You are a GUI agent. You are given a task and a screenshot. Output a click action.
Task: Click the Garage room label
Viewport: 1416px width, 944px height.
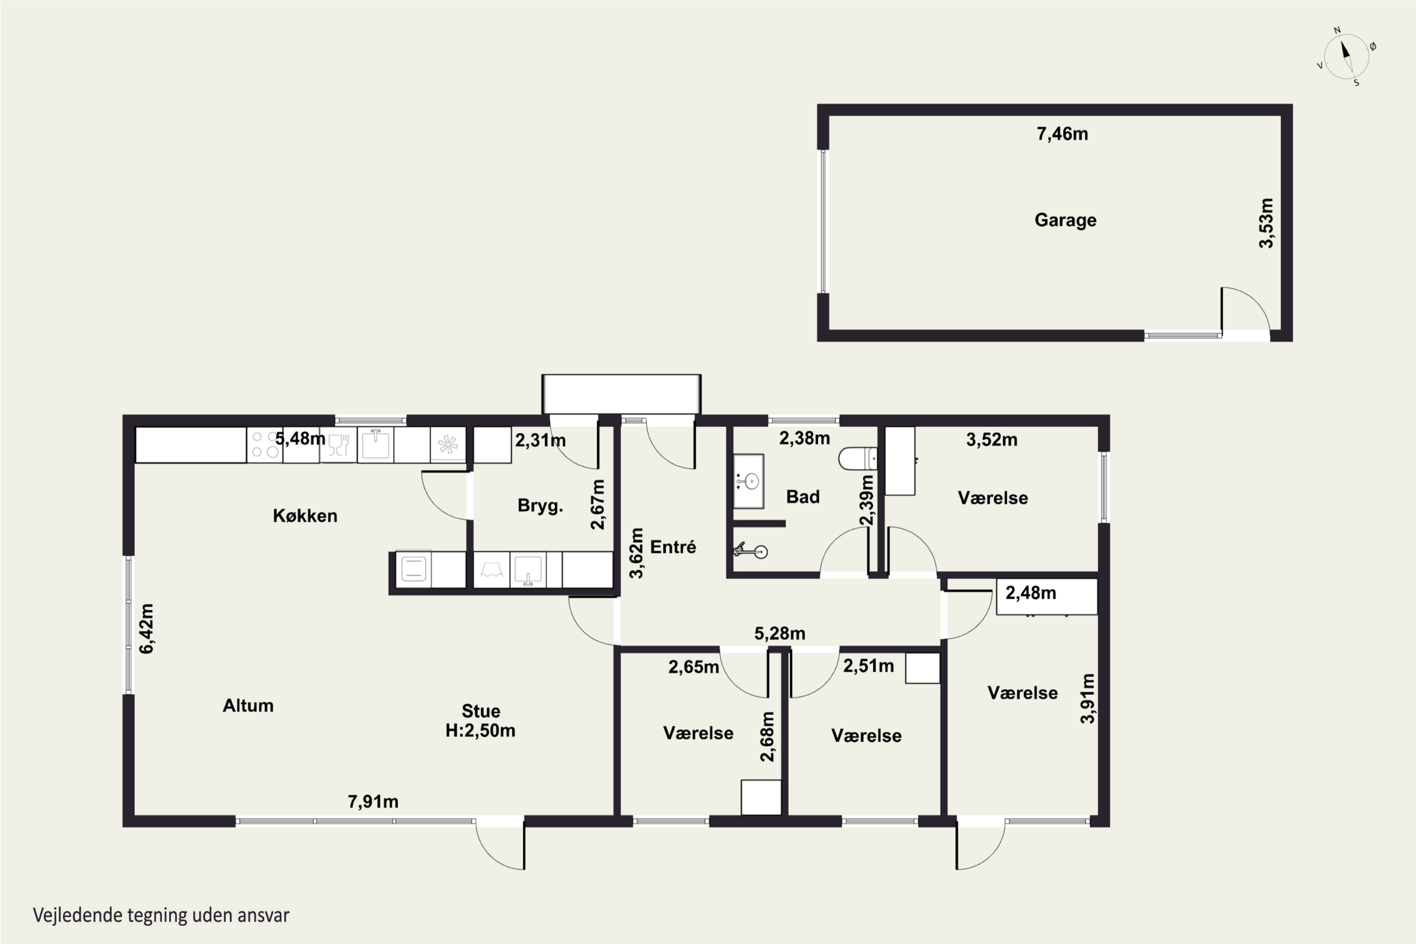tap(1065, 220)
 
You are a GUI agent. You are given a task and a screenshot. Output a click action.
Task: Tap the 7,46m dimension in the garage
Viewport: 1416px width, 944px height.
tap(1062, 134)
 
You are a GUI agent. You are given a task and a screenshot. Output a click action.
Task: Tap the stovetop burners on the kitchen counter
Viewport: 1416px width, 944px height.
tap(265, 445)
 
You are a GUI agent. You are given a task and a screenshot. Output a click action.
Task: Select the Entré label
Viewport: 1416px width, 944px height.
tap(673, 547)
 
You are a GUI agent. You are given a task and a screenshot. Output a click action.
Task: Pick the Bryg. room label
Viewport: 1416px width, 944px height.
tap(540, 506)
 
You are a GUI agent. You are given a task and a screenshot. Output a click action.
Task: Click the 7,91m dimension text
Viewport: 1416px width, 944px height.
tap(373, 801)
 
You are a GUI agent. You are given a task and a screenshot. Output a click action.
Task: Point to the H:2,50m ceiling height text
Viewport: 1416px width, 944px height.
tap(480, 730)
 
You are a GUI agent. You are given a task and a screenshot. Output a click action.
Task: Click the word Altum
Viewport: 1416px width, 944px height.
tap(248, 706)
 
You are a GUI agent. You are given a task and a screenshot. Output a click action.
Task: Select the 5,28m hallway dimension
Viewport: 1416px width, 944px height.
tap(780, 633)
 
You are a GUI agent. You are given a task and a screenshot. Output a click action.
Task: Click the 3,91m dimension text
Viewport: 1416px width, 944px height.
tap(1087, 699)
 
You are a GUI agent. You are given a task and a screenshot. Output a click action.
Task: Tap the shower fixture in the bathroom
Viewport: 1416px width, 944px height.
tap(750, 550)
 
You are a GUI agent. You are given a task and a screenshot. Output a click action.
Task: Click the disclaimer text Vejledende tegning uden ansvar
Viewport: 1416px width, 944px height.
tap(161, 915)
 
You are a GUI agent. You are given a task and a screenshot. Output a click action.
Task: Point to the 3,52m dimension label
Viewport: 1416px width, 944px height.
tap(992, 439)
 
